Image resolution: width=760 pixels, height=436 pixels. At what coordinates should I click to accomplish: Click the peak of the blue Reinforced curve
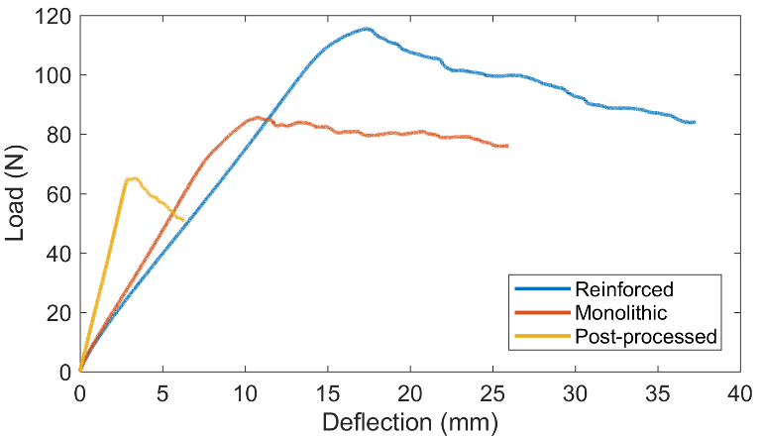(x=367, y=29)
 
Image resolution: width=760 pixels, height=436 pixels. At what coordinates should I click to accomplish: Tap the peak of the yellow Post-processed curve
(x=131, y=178)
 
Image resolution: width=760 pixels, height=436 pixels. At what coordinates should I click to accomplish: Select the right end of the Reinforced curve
(x=694, y=122)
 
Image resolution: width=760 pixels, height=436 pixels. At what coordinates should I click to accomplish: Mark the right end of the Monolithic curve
(x=506, y=146)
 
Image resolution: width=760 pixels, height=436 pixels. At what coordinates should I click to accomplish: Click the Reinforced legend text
(x=624, y=290)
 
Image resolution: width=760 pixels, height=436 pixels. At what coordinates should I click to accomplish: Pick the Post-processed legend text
(x=645, y=337)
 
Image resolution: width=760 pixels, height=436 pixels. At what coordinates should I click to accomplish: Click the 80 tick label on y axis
(x=60, y=135)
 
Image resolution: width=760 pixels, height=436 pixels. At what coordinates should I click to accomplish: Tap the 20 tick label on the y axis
(x=60, y=312)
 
